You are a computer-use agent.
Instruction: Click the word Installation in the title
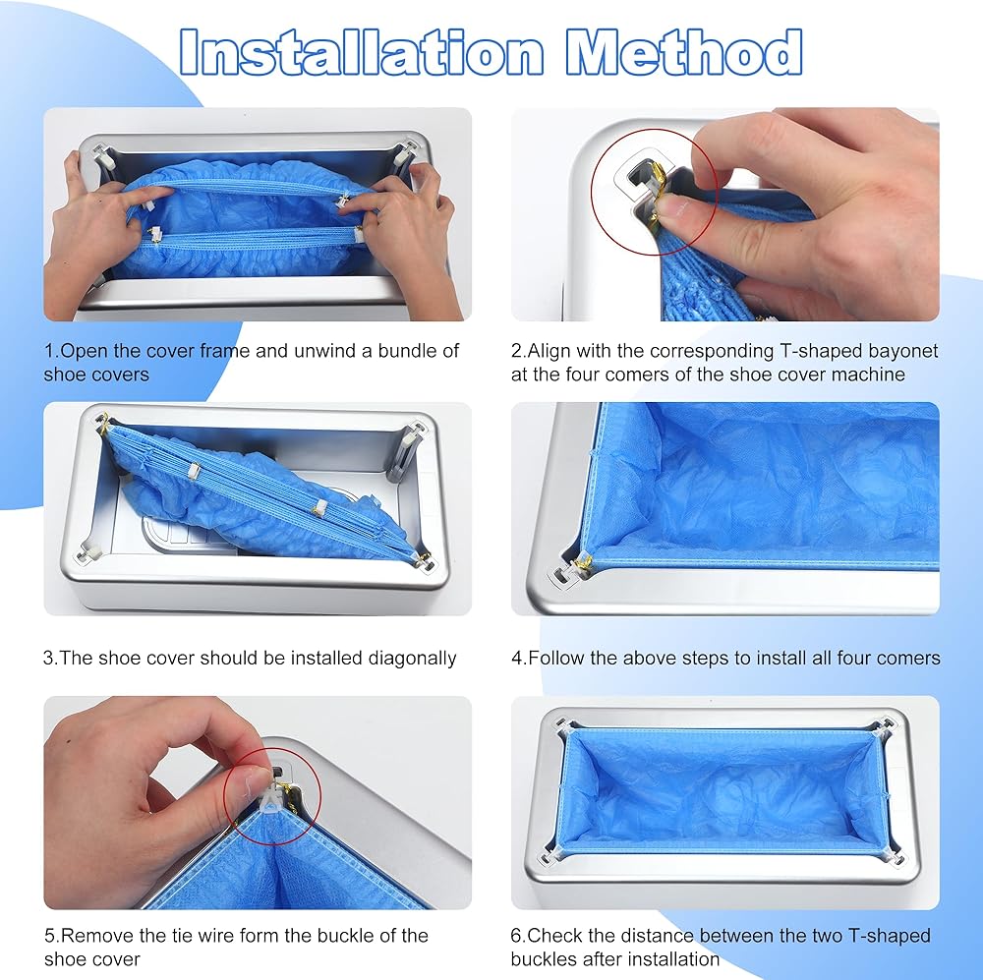pyautogui.click(x=361, y=52)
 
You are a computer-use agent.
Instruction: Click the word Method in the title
pyautogui.click(x=684, y=52)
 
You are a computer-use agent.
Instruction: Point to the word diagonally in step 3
pyautogui.click(x=412, y=659)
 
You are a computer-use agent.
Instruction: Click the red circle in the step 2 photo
pyautogui.click(x=593, y=192)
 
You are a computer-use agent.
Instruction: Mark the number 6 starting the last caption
pyautogui.click(x=515, y=936)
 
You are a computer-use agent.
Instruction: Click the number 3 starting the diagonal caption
pyautogui.click(x=48, y=659)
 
